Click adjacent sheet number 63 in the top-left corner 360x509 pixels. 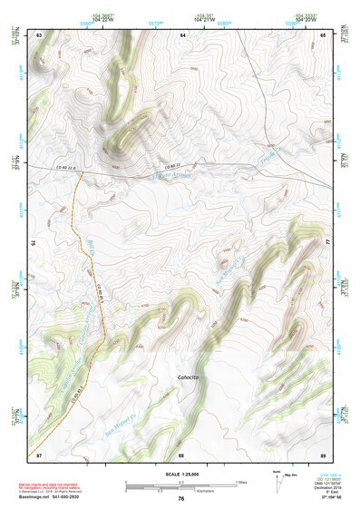[39, 34]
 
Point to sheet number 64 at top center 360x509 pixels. [181, 34]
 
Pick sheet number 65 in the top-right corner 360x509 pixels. [323, 34]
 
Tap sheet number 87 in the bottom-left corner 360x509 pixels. [39, 454]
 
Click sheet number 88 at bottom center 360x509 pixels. [181, 454]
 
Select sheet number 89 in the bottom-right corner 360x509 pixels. [323, 454]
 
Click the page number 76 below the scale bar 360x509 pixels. [181, 498]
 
